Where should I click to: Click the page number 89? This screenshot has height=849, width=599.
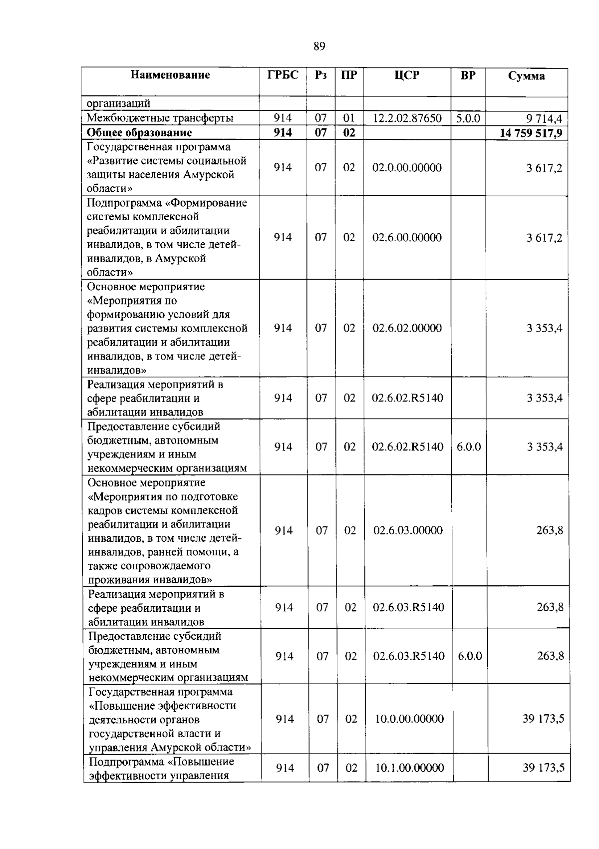coord(319,47)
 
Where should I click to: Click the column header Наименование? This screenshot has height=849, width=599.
coord(170,75)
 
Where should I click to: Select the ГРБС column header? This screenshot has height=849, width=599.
coord(283,75)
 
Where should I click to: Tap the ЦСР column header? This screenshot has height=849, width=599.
coord(407,75)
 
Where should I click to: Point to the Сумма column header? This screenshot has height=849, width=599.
coord(526,76)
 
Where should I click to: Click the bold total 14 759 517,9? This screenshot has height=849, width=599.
coord(531,133)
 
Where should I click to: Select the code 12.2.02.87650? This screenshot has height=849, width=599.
coord(407,118)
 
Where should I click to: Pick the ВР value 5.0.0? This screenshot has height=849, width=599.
coord(468,118)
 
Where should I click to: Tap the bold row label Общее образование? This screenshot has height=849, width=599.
coord(139,132)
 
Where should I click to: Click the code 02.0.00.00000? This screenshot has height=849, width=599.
coord(407,168)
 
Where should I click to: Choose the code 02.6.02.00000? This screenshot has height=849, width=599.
coord(407,328)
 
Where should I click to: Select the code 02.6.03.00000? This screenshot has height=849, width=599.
coord(408,530)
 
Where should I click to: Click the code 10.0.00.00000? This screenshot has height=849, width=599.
coord(409,719)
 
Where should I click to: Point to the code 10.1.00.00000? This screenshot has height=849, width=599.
coord(409,768)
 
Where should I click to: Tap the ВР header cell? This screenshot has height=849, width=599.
coord(468,75)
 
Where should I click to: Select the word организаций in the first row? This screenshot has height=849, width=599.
coord(118,104)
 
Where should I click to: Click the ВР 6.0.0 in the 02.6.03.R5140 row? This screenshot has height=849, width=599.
coord(470,656)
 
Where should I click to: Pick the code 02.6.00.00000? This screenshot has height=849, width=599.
coord(407,238)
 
